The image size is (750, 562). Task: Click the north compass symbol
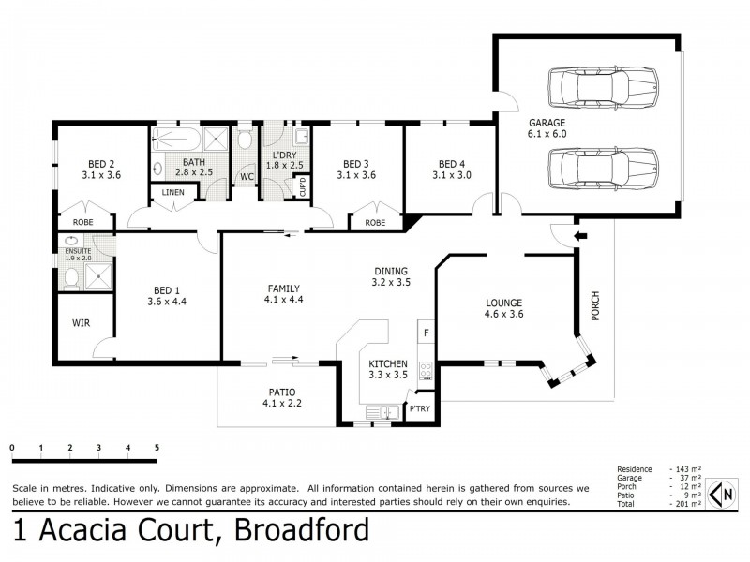coord(722,493)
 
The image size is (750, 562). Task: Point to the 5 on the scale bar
coord(157,448)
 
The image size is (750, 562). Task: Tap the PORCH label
coord(594,308)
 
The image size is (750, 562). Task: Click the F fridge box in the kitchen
coord(426,333)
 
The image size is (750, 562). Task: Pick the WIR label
coord(81,323)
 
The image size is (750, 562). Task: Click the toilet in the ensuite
coord(69,277)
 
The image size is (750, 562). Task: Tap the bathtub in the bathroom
coord(176,140)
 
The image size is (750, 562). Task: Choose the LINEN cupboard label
coord(172,193)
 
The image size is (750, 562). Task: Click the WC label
coord(247,176)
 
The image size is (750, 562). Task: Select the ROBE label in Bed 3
coord(375,223)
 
